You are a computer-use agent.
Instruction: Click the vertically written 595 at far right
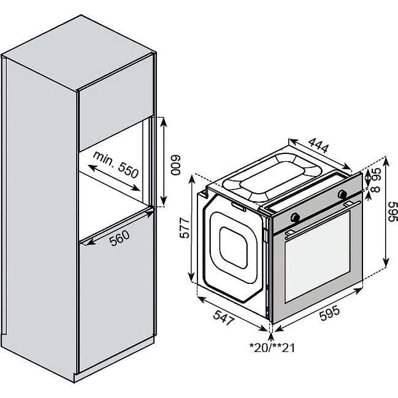point(393,213)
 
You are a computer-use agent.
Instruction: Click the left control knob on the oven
point(296,217)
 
